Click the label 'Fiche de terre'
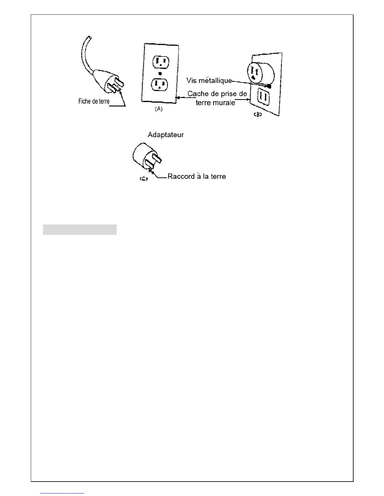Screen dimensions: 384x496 (94, 101)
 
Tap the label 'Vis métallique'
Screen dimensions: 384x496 (209, 80)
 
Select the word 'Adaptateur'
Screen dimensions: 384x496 (166, 135)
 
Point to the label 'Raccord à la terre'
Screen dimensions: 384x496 (197, 176)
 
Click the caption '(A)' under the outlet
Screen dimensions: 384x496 (159, 109)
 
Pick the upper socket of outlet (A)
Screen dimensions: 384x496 (160, 61)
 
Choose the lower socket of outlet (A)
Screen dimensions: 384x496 (160, 84)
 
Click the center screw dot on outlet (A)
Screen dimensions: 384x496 (160, 73)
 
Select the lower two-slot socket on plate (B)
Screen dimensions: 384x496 (264, 97)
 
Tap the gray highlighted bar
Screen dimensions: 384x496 (80, 230)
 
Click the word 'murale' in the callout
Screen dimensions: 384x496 (224, 102)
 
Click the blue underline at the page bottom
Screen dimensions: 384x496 (62, 493)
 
